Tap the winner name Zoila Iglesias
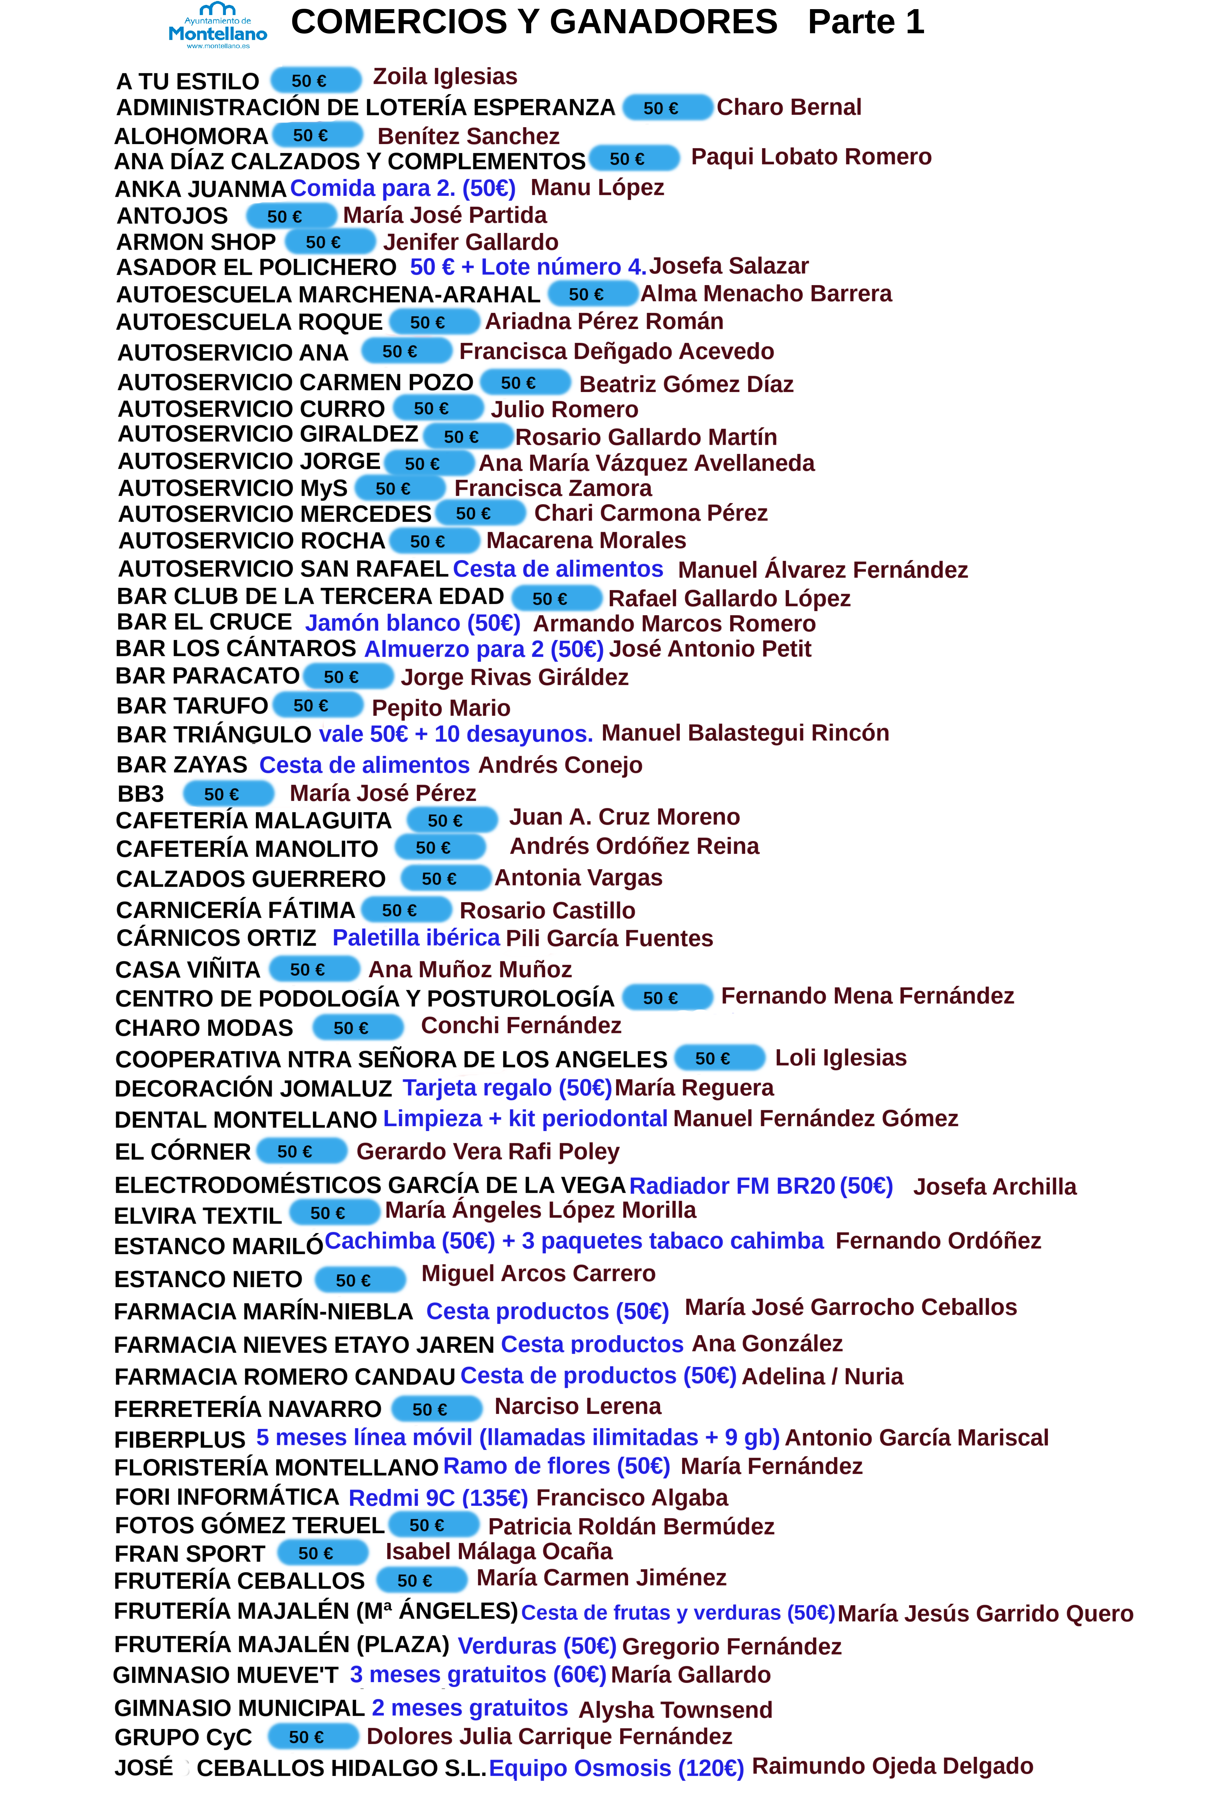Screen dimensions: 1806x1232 click(445, 76)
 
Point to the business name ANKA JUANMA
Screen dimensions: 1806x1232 click(200, 189)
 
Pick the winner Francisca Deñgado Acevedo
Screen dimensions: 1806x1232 click(616, 351)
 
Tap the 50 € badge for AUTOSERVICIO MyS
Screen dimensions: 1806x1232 click(400, 488)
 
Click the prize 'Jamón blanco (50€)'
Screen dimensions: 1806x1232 click(413, 623)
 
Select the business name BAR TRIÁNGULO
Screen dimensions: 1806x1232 click(214, 735)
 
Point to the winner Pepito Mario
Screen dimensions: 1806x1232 click(441, 708)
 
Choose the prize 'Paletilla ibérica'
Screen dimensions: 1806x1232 click(416, 938)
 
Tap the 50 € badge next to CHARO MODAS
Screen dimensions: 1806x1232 click(358, 1027)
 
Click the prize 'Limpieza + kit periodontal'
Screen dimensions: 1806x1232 click(525, 1118)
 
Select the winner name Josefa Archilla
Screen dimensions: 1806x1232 click(994, 1187)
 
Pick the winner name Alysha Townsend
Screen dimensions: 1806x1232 click(675, 1710)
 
